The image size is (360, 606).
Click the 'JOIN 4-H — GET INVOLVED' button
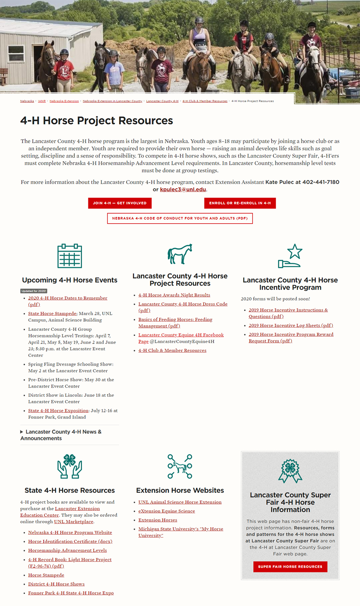tap(120, 203)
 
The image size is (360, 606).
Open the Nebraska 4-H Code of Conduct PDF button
tap(180, 218)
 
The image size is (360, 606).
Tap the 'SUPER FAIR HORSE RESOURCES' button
tap(290, 566)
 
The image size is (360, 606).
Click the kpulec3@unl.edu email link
tap(183, 190)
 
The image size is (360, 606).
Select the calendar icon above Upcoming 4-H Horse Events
tap(70, 256)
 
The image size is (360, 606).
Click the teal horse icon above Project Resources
tap(180, 254)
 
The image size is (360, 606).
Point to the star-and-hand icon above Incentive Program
tap(290, 256)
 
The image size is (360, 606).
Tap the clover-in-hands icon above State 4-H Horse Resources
tap(70, 466)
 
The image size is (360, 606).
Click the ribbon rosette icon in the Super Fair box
tap(290, 471)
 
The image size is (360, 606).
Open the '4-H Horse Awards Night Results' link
tap(174, 295)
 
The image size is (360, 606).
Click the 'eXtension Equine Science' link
tap(166, 511)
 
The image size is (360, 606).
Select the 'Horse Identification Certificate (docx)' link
tap(70, 542)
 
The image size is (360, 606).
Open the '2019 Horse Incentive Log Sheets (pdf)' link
tap(290, 326)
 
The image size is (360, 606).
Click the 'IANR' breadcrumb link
tap(42, 101)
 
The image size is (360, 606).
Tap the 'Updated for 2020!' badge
tap(34, 291)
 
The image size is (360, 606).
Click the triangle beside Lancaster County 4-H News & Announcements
tap(22, 432)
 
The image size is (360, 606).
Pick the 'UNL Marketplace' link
tap(74, 522)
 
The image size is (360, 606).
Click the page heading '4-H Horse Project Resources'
tap(96, 121)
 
